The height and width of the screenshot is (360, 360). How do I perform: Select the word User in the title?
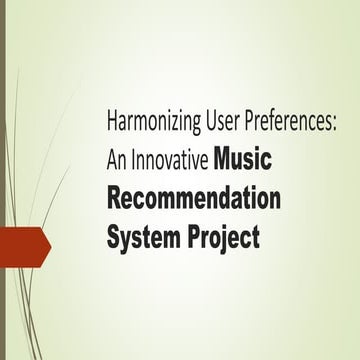pyautogui.click(x=212, y=124)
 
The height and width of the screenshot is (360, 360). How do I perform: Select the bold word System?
pyautogui.click(x=140, y=237)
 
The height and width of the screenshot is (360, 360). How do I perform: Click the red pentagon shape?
pyautogui.click(x=22, y=247)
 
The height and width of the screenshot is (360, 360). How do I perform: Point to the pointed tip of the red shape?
pyautogui.click(x=49, y=247)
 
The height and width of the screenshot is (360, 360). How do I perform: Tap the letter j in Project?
pyautogui.click(x=215, y=239)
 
